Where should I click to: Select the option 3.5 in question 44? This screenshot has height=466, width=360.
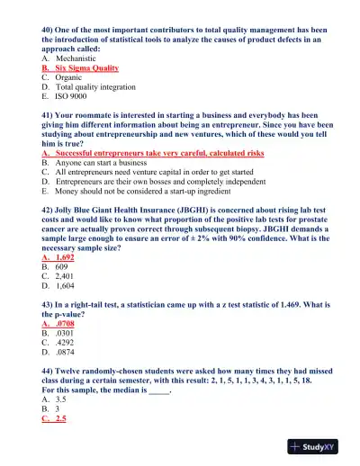point(61,400)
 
